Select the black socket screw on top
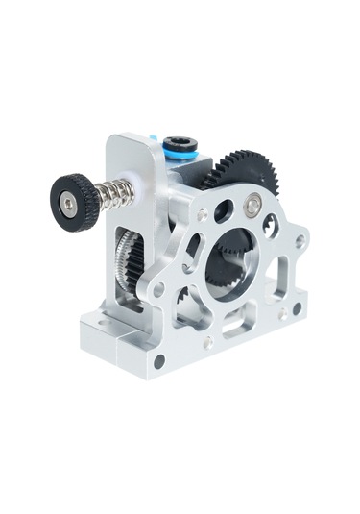pos(180,145)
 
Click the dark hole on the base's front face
pos(158,361)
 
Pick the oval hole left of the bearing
pos(223,210)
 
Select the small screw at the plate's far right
pos(300,241)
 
